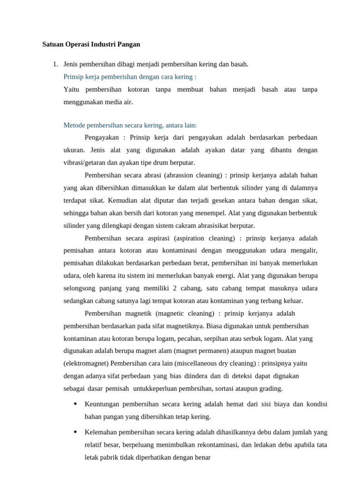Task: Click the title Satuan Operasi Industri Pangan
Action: tap(91, 45)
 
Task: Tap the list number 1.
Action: tap(55, 64)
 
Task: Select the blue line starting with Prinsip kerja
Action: tap(130, 76)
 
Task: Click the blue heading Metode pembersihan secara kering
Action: tap(130, 125)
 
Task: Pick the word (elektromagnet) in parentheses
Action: tap(85, 363)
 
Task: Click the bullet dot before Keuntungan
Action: tap(75, 404)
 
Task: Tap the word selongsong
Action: tap(80, 288)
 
